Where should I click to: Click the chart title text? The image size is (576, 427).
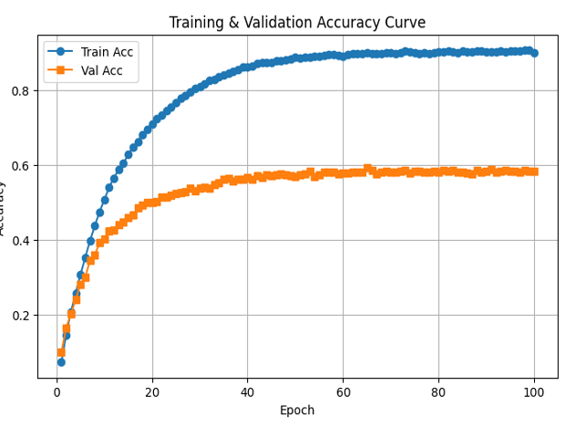297,23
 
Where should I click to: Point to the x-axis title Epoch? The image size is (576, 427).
297,411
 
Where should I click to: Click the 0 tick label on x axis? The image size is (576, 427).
57,392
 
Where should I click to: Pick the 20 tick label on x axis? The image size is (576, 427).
152,392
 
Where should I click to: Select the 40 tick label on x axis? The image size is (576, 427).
247,392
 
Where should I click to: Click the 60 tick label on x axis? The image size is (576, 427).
343,392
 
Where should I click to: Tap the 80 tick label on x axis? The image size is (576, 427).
438,392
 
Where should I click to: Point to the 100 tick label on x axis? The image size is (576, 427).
534,392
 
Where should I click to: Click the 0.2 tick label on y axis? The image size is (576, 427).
18,316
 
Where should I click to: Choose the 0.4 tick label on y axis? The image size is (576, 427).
18,241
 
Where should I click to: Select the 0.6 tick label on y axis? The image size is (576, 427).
18,166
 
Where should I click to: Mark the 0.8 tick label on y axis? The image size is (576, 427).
18,91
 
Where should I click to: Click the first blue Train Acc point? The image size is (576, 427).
61,362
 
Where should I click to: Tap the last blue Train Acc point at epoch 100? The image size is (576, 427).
534,53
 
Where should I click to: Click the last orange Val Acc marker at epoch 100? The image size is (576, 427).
534,172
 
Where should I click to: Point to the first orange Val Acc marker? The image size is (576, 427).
61,352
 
